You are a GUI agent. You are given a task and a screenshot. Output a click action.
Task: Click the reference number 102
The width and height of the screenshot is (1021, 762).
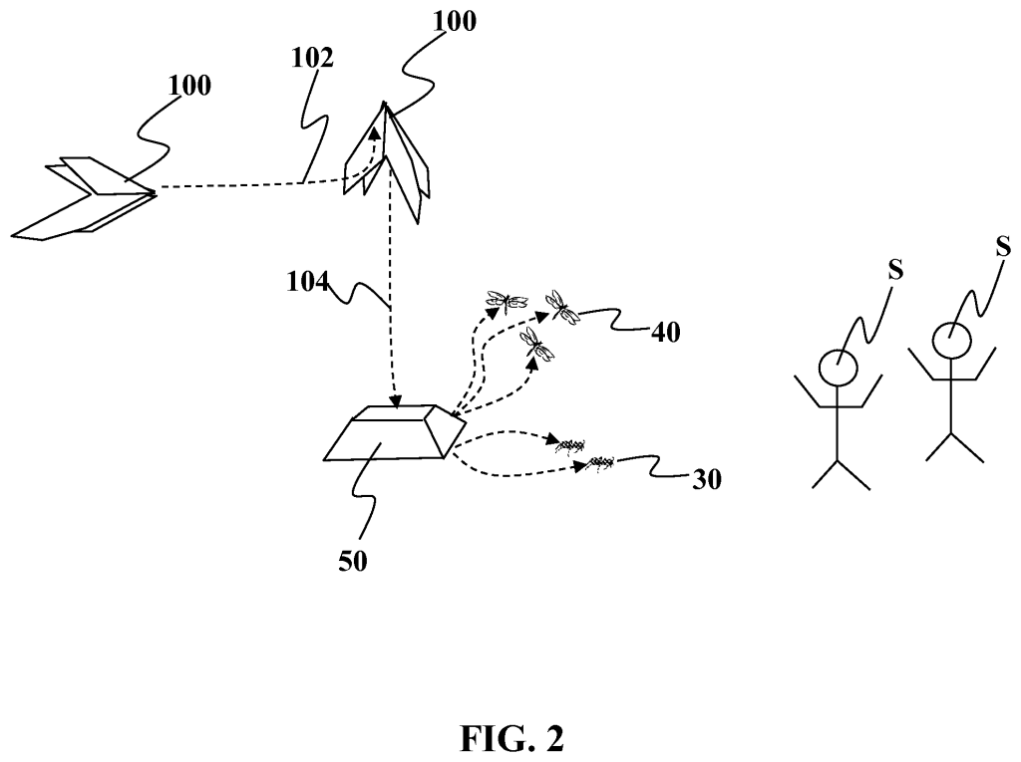(312, 58)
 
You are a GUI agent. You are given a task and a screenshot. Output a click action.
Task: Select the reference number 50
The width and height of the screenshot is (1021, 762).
(352, 561)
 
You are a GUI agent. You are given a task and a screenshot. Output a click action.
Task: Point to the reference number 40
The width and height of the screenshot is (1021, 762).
(666, 332)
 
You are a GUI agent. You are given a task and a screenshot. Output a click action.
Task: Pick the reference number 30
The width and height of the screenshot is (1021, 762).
(705, 480)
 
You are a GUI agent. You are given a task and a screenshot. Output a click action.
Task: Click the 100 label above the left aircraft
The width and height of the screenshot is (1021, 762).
(189, 86)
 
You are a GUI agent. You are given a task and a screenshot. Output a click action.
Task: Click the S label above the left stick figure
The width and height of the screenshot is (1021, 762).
(895, 270)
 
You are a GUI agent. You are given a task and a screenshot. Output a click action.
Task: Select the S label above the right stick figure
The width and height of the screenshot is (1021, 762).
(1005, 246)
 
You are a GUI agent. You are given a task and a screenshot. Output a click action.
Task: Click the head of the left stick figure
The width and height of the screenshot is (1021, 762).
(838, 367)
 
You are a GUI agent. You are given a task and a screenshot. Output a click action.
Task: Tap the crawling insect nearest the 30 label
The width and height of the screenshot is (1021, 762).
(599, 461)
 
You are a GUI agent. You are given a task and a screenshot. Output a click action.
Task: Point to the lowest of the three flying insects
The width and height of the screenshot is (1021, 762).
(538, 345)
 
